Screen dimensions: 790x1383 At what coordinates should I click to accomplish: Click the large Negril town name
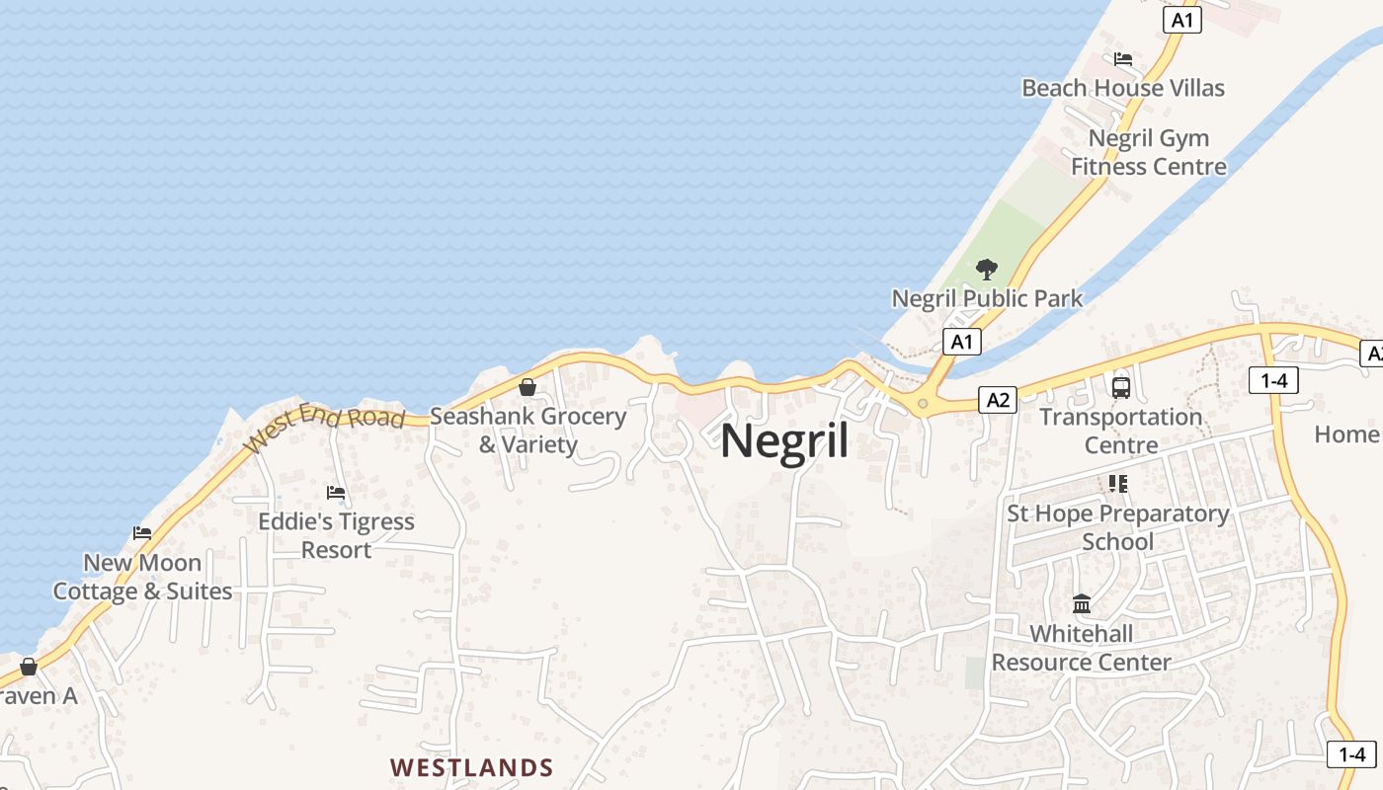[x=784, y=440]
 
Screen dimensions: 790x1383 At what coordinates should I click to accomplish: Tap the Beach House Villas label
[x=1123, y=88]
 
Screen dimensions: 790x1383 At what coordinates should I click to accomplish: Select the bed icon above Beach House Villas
[x=1123, y=59]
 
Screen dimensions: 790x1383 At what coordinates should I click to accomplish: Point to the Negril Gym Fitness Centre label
[x=1149, y=152]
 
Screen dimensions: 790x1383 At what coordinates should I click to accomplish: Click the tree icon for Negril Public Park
[x=986, y=269]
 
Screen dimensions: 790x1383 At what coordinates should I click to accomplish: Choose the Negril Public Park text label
[x=987, y=298]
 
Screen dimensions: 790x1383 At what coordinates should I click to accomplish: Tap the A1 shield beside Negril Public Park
[x=961, y=342]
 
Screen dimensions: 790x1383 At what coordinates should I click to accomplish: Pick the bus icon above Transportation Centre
[x=1120, y=387]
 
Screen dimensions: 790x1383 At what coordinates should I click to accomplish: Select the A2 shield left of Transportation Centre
[x=998, y=399]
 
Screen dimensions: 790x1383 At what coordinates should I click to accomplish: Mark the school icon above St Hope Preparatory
[x=1118, y=484]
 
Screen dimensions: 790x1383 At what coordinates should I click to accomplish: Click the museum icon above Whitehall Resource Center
[x=1082, y=603]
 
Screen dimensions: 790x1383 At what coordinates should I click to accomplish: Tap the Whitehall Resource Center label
[x=1082, y=648]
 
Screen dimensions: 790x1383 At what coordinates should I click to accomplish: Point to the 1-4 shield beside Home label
[x=1272, y=379]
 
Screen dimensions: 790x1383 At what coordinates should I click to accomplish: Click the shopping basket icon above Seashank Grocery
[x=528, y=387]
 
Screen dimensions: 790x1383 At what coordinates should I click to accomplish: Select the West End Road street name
[x=325, y=424]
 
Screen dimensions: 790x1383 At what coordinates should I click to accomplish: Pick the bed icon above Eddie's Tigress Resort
[x=336, y=492]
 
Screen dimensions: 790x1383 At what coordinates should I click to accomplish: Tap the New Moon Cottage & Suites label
[x=142, y=577]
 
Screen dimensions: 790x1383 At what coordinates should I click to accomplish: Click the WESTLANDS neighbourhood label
[x=471, y=767]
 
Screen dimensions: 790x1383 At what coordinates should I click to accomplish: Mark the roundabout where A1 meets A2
[x=923, y=403]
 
